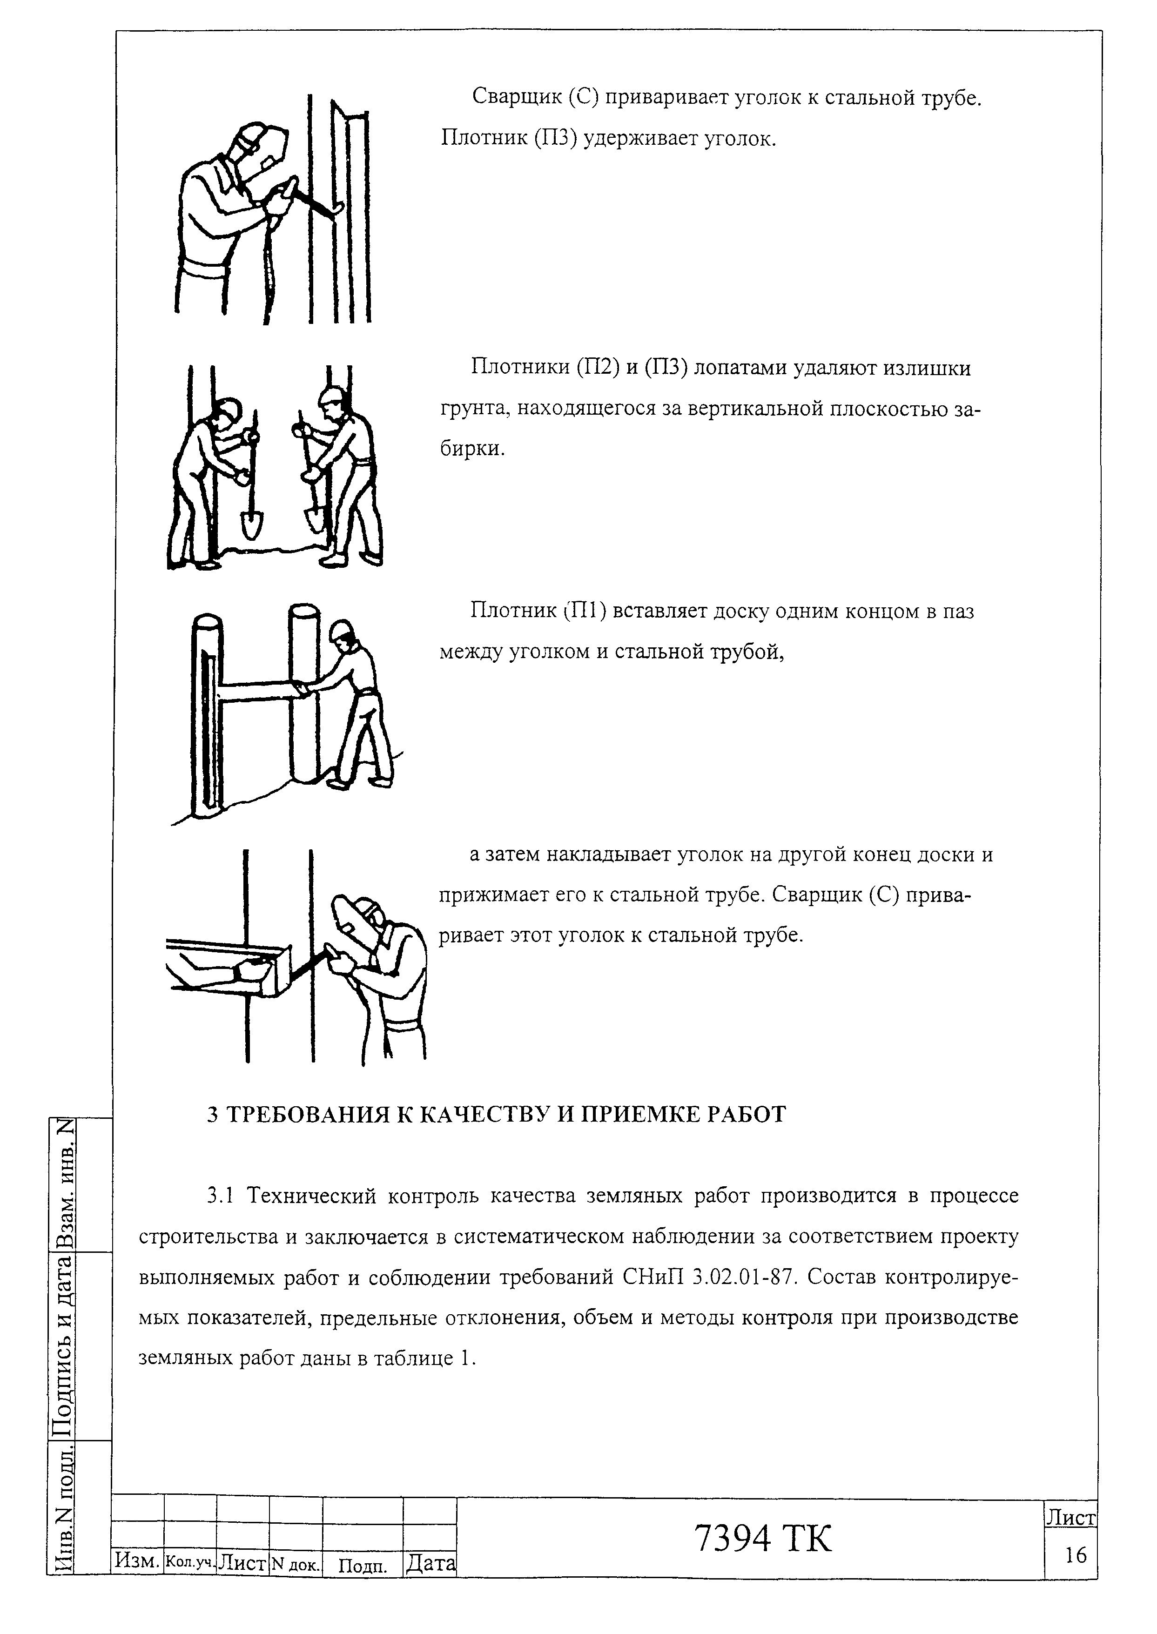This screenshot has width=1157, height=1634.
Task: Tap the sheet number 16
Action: [1076, 1555]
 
